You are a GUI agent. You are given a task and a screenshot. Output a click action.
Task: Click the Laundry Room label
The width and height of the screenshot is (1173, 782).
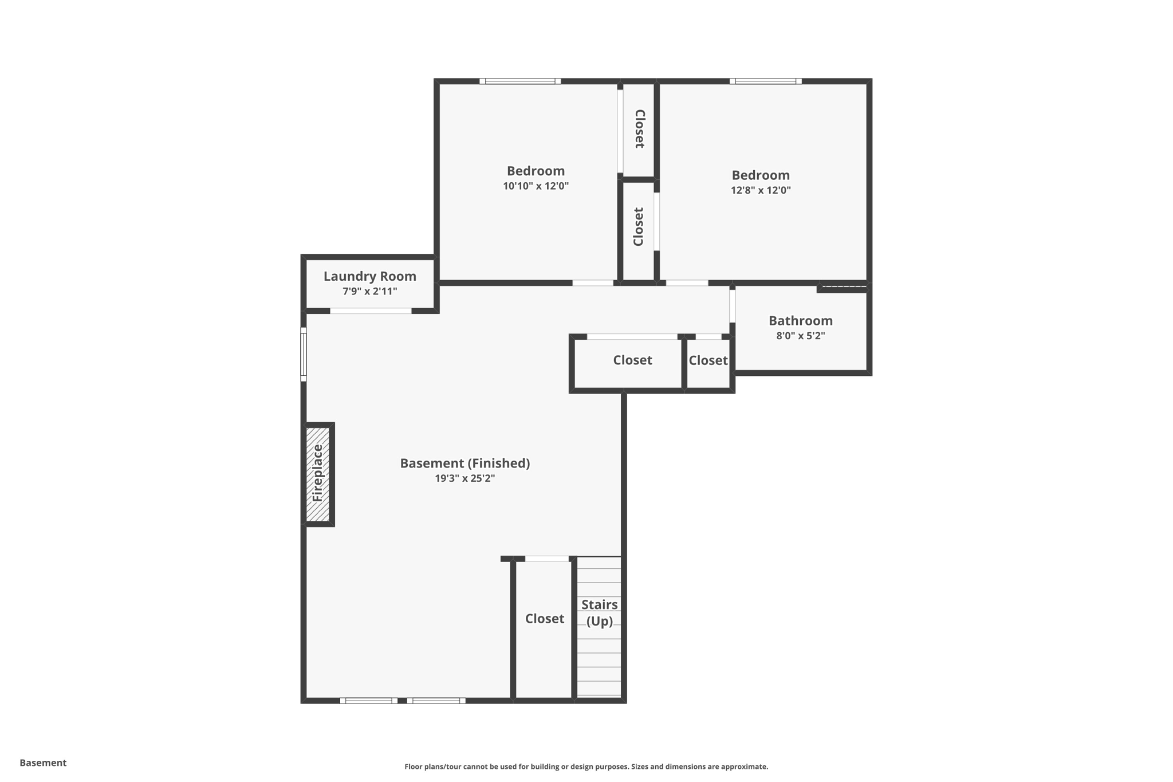pos(369,276)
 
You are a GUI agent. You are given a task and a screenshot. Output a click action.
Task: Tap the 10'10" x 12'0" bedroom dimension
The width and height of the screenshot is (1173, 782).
pos(536,186)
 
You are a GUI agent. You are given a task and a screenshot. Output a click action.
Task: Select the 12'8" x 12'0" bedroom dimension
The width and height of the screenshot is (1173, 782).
pos(760,190)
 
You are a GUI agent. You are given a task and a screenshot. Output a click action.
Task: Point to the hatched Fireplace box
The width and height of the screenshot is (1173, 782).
pos(318,474)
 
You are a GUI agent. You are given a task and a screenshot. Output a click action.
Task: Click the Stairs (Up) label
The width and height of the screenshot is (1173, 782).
pos(599,612)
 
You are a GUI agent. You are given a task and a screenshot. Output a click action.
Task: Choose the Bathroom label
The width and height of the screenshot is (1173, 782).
pos(800,321)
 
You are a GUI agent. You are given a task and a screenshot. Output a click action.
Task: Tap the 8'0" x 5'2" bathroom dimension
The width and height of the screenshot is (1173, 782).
pos(800,336)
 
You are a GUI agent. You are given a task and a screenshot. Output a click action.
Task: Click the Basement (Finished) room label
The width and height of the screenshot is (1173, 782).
pos(465,463)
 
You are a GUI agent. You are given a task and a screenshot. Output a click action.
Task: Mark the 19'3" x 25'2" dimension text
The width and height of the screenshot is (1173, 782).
pos(465,478)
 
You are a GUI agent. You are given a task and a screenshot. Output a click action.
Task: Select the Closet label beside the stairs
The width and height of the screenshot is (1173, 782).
pos(544,619)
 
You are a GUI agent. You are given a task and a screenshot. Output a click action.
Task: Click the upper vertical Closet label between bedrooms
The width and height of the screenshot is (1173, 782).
pos(640,129)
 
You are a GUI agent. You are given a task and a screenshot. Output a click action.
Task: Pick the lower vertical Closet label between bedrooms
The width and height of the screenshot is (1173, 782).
pos(639,227)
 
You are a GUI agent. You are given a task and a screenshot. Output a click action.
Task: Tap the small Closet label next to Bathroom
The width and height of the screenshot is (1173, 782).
pos(708,360)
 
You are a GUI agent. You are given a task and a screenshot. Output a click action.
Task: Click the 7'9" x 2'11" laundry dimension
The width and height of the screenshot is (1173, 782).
pos(369,292)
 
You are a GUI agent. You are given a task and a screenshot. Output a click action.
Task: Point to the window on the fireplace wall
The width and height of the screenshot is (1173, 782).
pos(304,354)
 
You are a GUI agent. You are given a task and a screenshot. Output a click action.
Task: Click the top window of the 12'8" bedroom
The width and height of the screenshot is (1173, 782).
pos(765,81)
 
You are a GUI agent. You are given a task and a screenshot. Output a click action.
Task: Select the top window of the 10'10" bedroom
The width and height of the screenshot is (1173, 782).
pos(520,81)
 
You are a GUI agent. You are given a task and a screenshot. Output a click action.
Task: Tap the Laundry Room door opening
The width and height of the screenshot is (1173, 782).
pos(371,311)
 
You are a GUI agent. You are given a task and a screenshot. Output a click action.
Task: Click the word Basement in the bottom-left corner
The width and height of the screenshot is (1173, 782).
pos(43,763)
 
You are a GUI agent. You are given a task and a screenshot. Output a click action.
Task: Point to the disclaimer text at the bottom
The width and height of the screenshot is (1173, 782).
pos(586,767)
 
